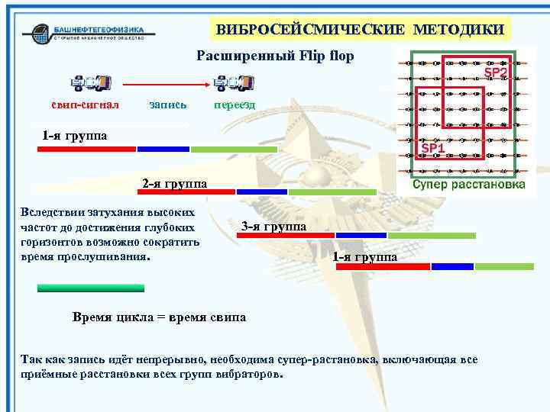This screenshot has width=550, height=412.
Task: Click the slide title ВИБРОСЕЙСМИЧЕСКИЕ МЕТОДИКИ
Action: pos(360,30)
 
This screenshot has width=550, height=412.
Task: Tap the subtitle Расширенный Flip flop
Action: pos(275,56)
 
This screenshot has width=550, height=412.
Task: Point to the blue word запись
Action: pos(168,103)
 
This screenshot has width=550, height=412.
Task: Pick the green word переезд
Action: pos(235,103)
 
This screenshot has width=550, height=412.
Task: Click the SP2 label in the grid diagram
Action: pos(496,73)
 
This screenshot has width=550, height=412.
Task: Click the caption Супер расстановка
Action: pos(468,185)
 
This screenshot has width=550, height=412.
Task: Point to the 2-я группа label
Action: pos(174,183)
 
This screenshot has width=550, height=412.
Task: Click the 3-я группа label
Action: pos(273,226)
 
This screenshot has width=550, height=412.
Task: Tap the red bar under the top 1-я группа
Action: pos(86,149)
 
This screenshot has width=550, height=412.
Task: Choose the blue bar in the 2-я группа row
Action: pos(262,192)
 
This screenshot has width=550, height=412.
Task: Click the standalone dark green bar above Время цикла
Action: pos(91,288)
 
